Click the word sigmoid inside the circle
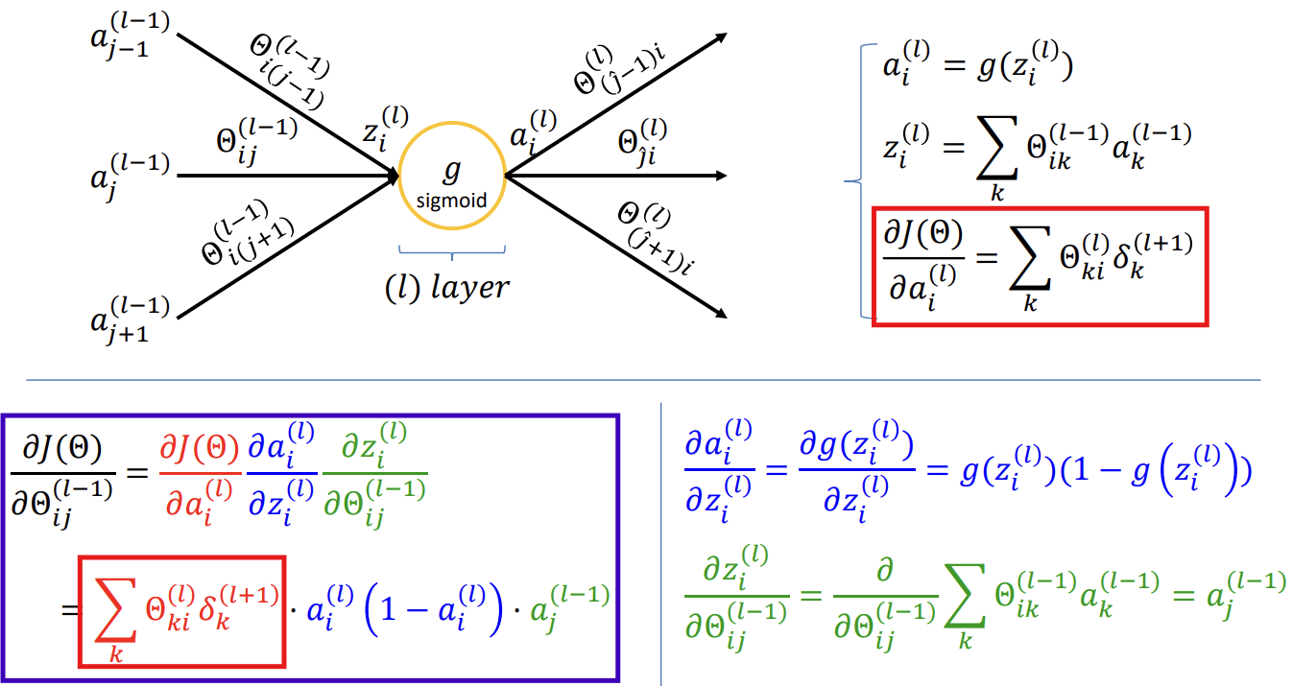[x=452, y=201]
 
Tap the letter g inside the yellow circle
[x=452, y=170]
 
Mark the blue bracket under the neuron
[x=452, y=251]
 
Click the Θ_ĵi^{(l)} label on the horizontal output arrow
[x=643, y=145]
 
